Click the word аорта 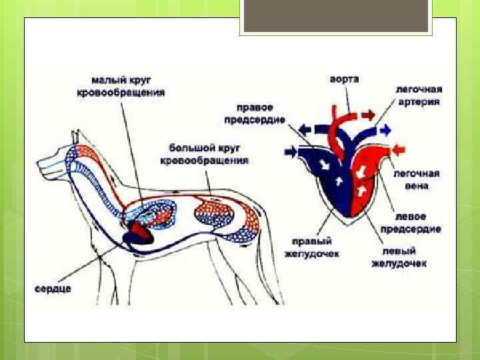pos(344,79)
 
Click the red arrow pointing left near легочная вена pos(397,147)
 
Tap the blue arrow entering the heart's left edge pos(291,153)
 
